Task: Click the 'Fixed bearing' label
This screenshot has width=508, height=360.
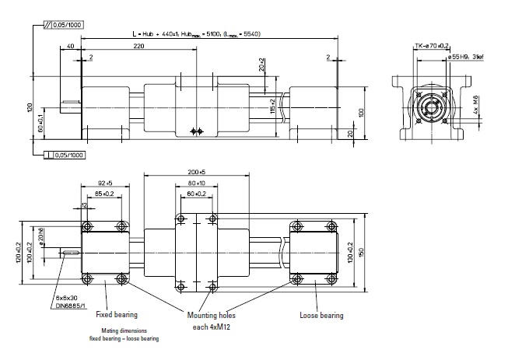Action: pyautogui.click(x=117, y=315)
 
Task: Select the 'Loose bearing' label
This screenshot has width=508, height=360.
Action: pyautogui.click(x=321, y=315)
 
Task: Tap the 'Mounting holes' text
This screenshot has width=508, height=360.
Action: pyautogui.click(x=211, y=315)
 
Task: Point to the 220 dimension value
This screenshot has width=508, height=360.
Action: pyautogui.click(x=139, y=47)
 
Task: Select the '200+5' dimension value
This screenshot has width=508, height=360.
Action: pyautogui.click(x=195, y=170)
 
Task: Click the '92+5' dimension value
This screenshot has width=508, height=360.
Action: pyautogui.click(x=105, y=184)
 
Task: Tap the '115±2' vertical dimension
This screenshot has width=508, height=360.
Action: pyautogui.click(x=272, y=106)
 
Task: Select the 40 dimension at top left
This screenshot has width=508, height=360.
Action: pyautogui.click(x=71, y=47)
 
